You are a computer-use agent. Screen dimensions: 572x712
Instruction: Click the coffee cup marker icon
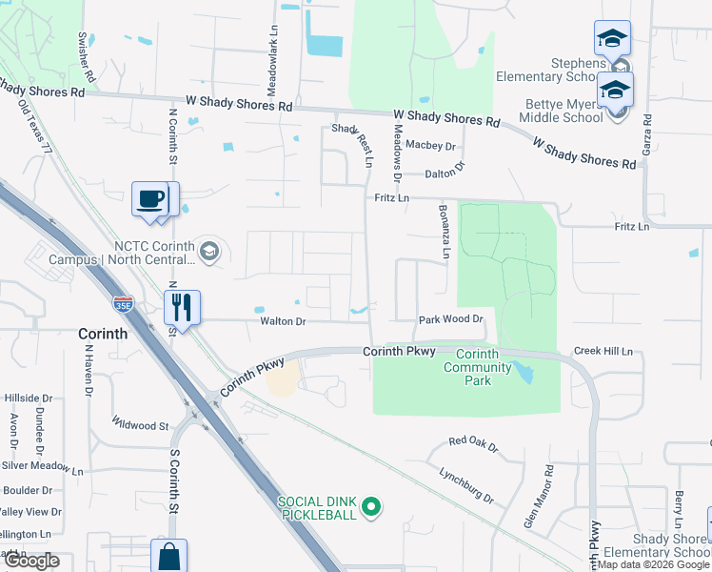150,199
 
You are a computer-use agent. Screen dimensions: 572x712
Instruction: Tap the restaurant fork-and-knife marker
181,307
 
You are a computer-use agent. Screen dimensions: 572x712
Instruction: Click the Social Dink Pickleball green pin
373,507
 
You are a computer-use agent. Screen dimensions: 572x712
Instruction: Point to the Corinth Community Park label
470,367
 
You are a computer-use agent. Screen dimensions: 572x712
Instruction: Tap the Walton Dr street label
283,322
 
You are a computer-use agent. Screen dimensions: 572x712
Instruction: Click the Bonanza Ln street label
444,232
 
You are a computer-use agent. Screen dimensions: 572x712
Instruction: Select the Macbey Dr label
431,146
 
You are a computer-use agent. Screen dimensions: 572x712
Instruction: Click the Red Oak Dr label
473,441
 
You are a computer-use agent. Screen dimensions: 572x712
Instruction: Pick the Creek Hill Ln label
603,352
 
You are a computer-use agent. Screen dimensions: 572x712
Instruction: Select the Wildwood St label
140,423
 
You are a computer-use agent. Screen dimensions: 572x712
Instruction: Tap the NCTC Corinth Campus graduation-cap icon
209,252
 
